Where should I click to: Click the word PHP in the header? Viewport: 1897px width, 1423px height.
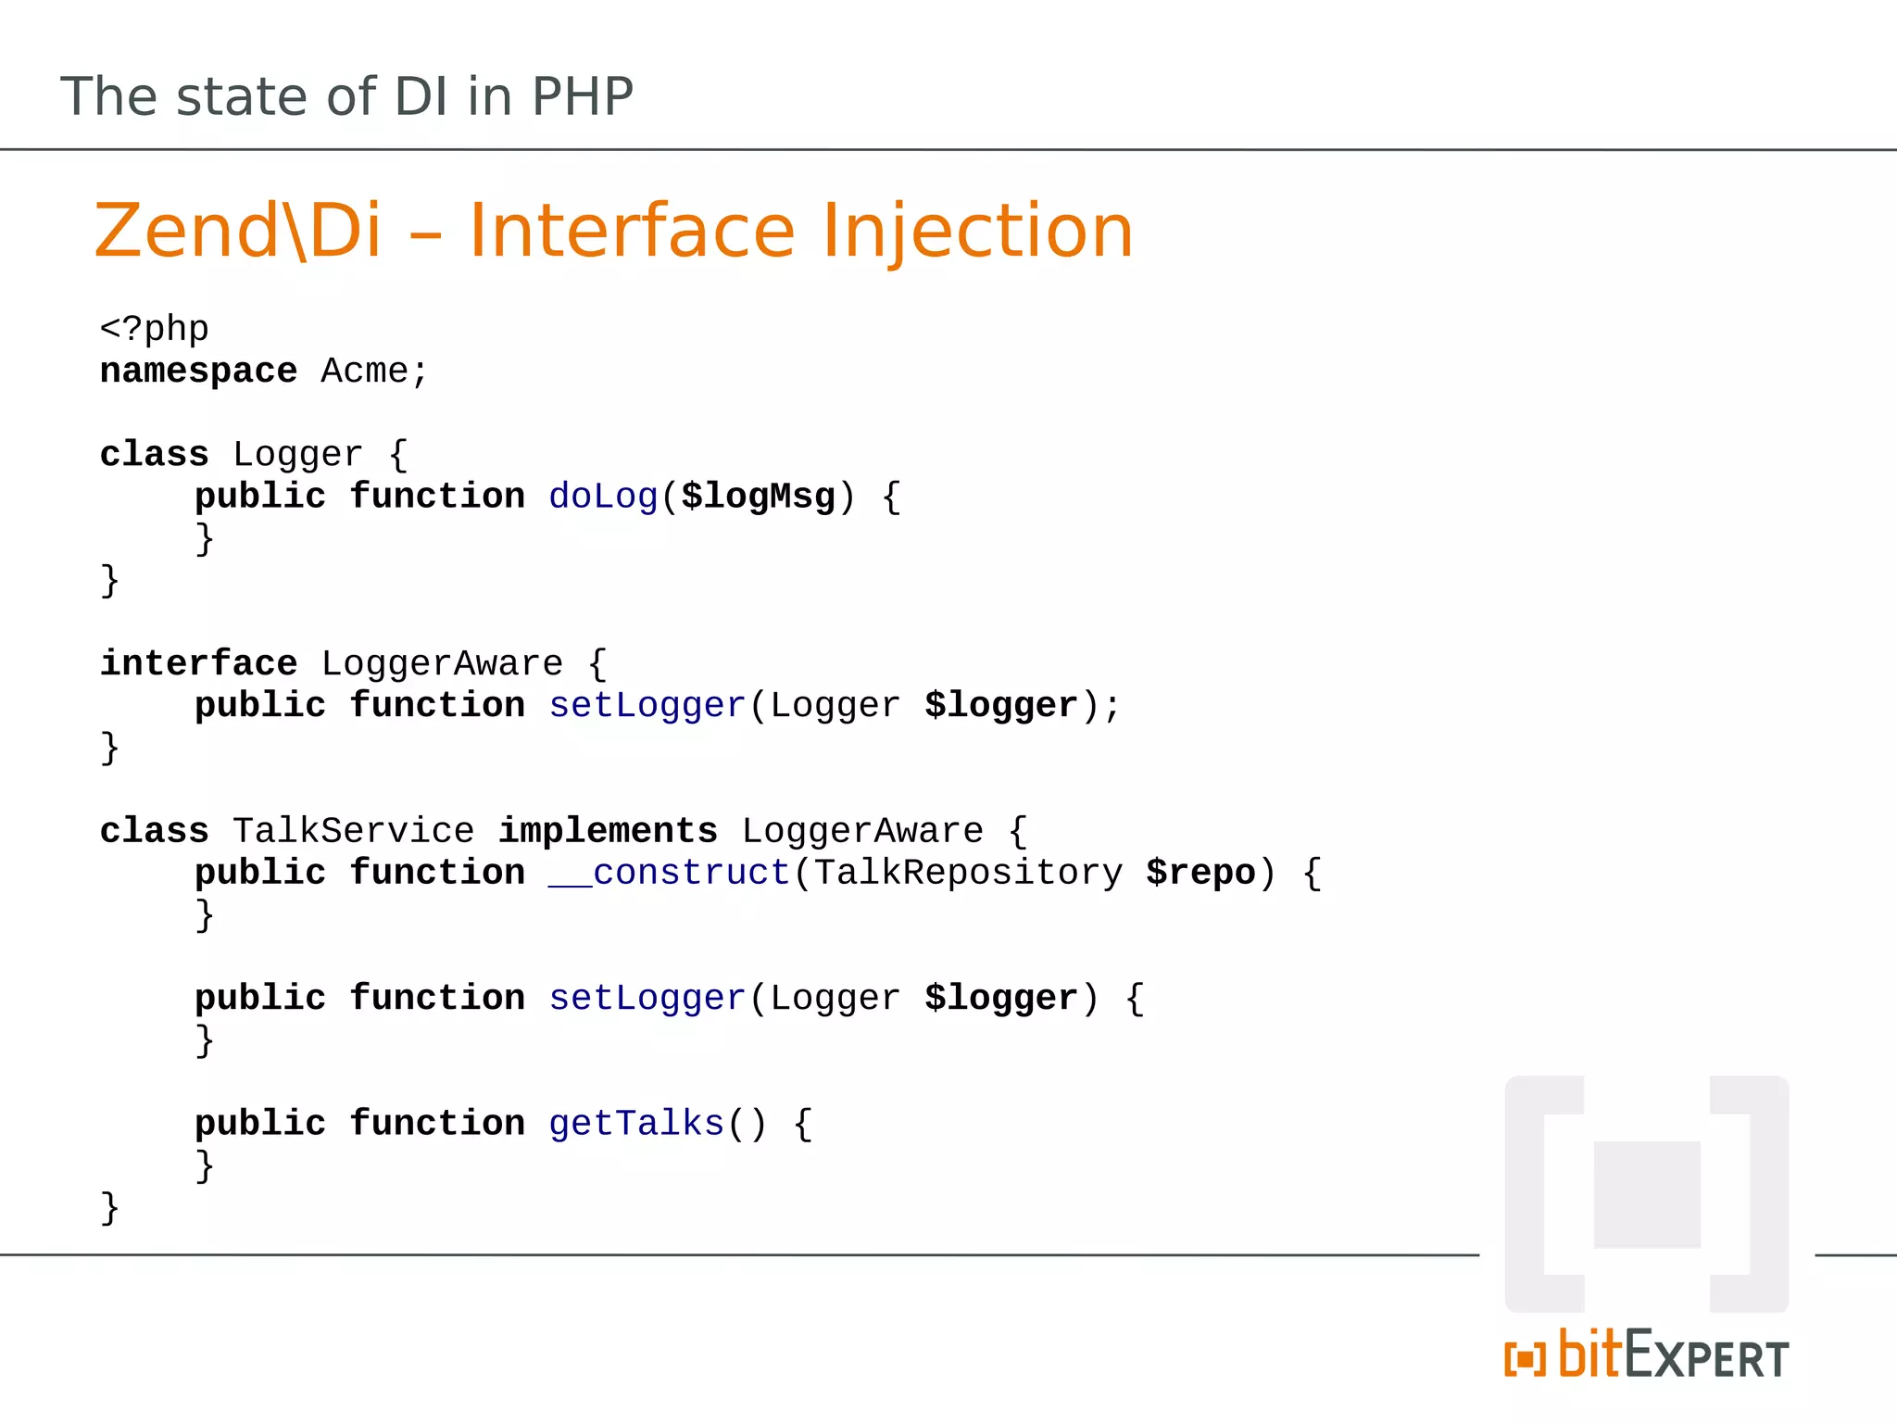pyautogui.click(x=582, y=96)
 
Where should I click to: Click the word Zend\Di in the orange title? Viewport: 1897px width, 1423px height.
pyautogui.click(x=238, y=231)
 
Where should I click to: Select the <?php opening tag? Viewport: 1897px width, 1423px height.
pyautogui.click(x=154, y=329)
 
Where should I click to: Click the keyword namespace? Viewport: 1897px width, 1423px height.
pyautogui.click(x=198, y=371)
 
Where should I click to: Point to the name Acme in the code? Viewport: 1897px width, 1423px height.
pyautogui.click(x=364, y=371)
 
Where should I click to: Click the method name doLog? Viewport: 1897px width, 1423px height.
pyautogui.click(x=602, y=497)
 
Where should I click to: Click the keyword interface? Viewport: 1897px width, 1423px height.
pyautogui.click(x=198, y=664)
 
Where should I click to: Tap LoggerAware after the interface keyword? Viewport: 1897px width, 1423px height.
pyautogui.click(x=442, y=664)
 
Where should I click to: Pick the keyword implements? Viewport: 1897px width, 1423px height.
pyautogui.click(x=608, y=831)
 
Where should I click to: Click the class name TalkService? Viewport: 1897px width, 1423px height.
pyautogui.click(x=353, y=831)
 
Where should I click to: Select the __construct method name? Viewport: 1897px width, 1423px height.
pyautogui.click(x=669, y=873)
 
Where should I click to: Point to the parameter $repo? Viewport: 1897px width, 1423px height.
pyautogui.click(x=1200, y=873)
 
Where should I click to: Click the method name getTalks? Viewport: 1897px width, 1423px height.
pyautogui.click(x=635, y=1124)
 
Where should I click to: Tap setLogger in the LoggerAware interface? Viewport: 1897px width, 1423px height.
pyautogui.click(x=647, y=706)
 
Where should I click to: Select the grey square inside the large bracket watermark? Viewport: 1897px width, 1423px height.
pyautogui.click(x=1647, y=1195)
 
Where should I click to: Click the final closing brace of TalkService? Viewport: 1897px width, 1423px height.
pyautogui.click(x=109, y=1208)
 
